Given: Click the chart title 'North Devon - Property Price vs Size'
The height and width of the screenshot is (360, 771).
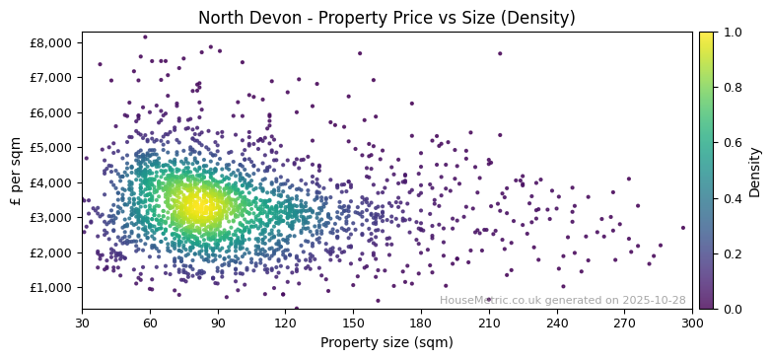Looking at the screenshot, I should (386, 18).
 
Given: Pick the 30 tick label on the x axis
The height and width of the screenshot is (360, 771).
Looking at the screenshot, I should (82, 323).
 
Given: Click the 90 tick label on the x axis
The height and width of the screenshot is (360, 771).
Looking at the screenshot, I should (218, 323).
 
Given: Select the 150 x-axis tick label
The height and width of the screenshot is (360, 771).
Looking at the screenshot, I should (353, 323).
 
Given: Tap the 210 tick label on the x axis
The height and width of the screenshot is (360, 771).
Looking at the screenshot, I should (489, 323).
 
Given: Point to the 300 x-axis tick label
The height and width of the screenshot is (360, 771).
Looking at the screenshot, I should (692, 323).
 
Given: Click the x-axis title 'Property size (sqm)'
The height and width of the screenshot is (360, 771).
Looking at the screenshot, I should (386, 342).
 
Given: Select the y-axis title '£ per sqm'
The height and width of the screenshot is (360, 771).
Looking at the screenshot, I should (17, 171).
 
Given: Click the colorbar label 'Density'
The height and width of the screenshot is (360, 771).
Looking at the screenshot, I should (754, 171).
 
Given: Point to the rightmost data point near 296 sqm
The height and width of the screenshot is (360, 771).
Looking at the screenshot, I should (682, 228).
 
